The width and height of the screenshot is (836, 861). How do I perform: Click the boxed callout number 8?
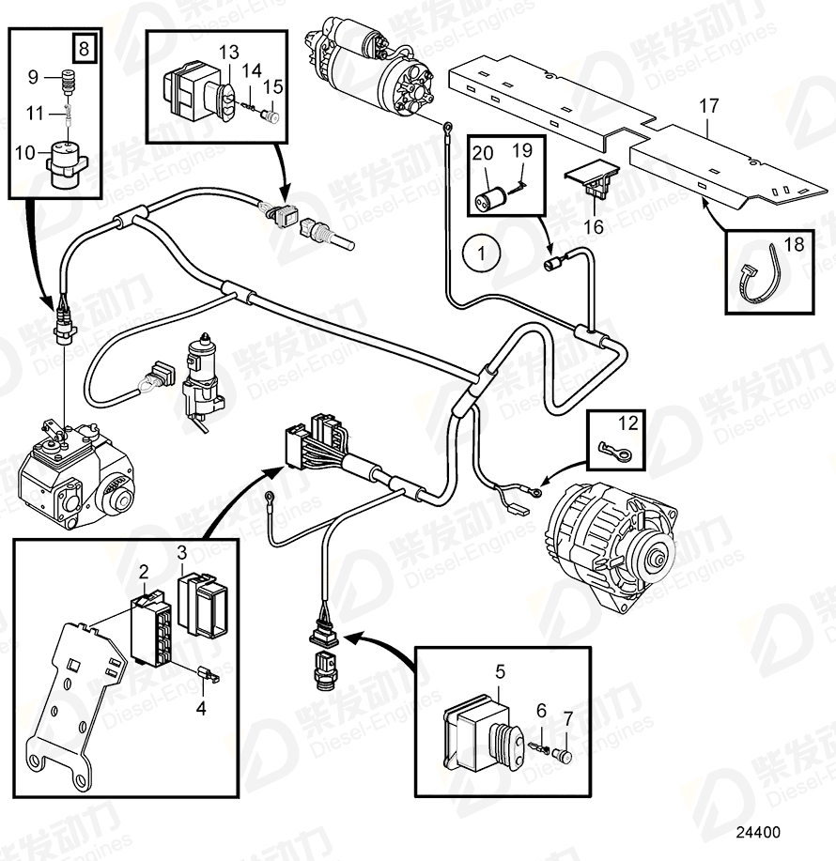coord(84,48)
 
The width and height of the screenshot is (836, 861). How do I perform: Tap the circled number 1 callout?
coord(482,253)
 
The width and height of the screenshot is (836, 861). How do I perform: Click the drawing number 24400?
coord(756,832)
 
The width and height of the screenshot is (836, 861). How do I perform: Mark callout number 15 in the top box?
coord(272,87)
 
